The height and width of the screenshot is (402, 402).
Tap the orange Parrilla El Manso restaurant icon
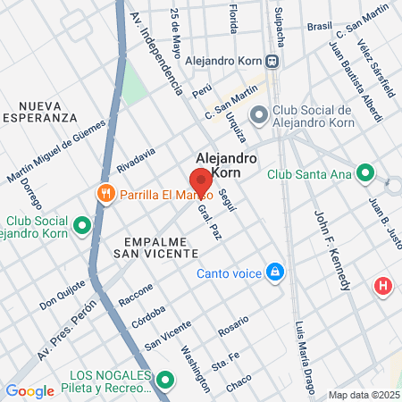106,194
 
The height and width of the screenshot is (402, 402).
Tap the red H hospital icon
383,286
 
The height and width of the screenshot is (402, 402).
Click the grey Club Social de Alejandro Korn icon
259,113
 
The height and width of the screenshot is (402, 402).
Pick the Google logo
29,390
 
